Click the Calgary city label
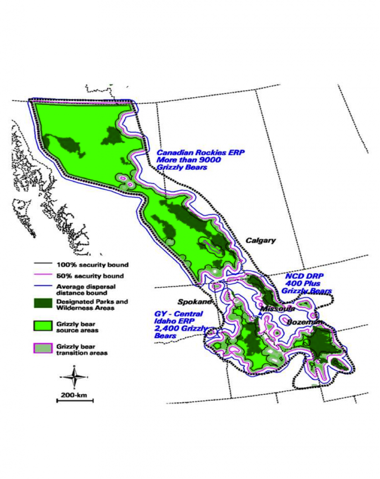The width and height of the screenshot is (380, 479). point(260,240)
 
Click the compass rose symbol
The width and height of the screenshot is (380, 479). point(74,377)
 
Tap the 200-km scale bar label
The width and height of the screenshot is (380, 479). point(74,395)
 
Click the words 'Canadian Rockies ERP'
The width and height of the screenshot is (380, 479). point(200,152)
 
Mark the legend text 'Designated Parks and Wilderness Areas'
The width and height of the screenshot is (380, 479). point(91,305)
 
